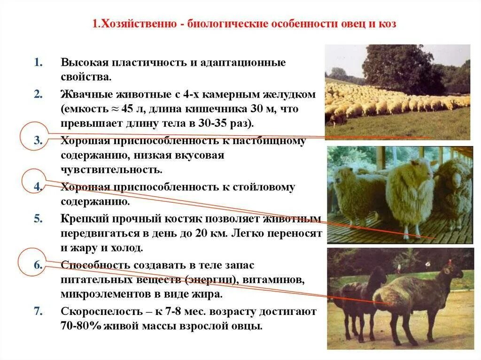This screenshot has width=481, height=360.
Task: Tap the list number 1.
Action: (38, 62)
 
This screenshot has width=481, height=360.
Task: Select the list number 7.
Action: (38, 311)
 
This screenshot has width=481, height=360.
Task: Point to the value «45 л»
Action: (132, 109)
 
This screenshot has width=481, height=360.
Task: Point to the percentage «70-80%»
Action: (81, 326)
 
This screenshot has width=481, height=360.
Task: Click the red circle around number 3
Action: (35, 136)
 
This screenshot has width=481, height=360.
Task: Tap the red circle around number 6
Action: (33, 263)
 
